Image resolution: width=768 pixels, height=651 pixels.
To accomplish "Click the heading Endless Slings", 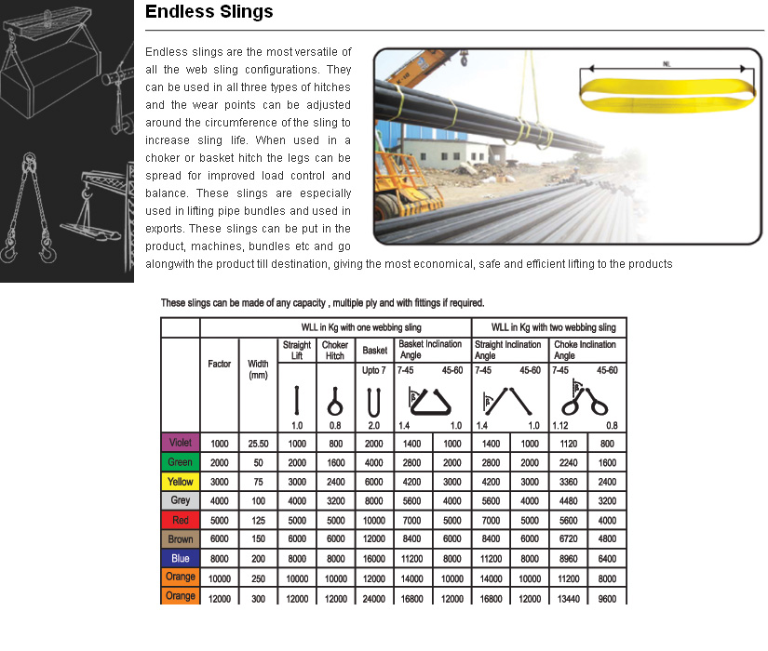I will (x=209, y=12).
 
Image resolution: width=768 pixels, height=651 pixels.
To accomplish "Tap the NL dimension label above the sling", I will (x=667, y=64).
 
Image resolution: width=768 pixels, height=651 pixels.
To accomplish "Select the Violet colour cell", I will (x=181, y=444).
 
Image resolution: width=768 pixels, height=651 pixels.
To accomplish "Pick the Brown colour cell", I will (x=181, y=539).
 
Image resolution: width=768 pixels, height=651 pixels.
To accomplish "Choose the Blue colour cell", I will (x=181, y=558).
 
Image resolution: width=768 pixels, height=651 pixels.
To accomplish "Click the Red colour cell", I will (x=181, y=520).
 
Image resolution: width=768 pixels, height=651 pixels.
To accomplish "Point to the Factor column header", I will (x=219, y=364).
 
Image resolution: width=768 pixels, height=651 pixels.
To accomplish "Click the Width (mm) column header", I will (x=258, y=369).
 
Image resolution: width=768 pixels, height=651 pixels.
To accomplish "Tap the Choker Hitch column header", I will (x=335, y=351).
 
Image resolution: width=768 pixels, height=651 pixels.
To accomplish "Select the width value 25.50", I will (x=258, y=445).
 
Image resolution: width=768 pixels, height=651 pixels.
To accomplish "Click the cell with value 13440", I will (x=568, y=597).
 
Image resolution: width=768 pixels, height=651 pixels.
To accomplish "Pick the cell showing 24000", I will (x=374, y=597).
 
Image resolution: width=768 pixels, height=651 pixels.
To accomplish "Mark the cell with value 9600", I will (x=607, y=597).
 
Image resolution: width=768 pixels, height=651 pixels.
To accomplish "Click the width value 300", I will (x=258, y=597).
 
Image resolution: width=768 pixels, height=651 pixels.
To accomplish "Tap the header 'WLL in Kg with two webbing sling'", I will (x=547, y=327).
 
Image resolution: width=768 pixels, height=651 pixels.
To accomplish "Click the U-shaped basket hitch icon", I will (x=374, y=400).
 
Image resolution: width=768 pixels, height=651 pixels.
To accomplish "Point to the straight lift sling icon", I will (x=296, y=400).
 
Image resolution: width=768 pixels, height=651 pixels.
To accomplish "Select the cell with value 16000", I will (x=374, y=559).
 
